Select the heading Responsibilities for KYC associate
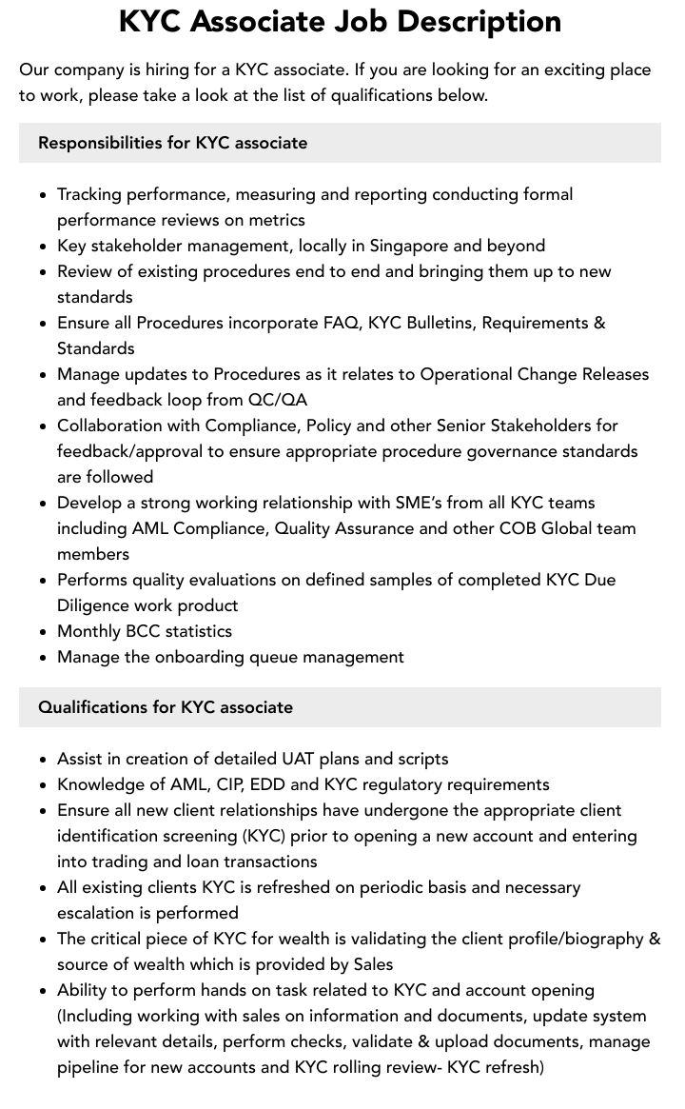172,143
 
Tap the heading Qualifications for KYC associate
165,707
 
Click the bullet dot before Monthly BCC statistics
43,632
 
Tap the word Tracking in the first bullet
92,194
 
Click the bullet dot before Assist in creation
43,760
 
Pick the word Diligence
95,605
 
